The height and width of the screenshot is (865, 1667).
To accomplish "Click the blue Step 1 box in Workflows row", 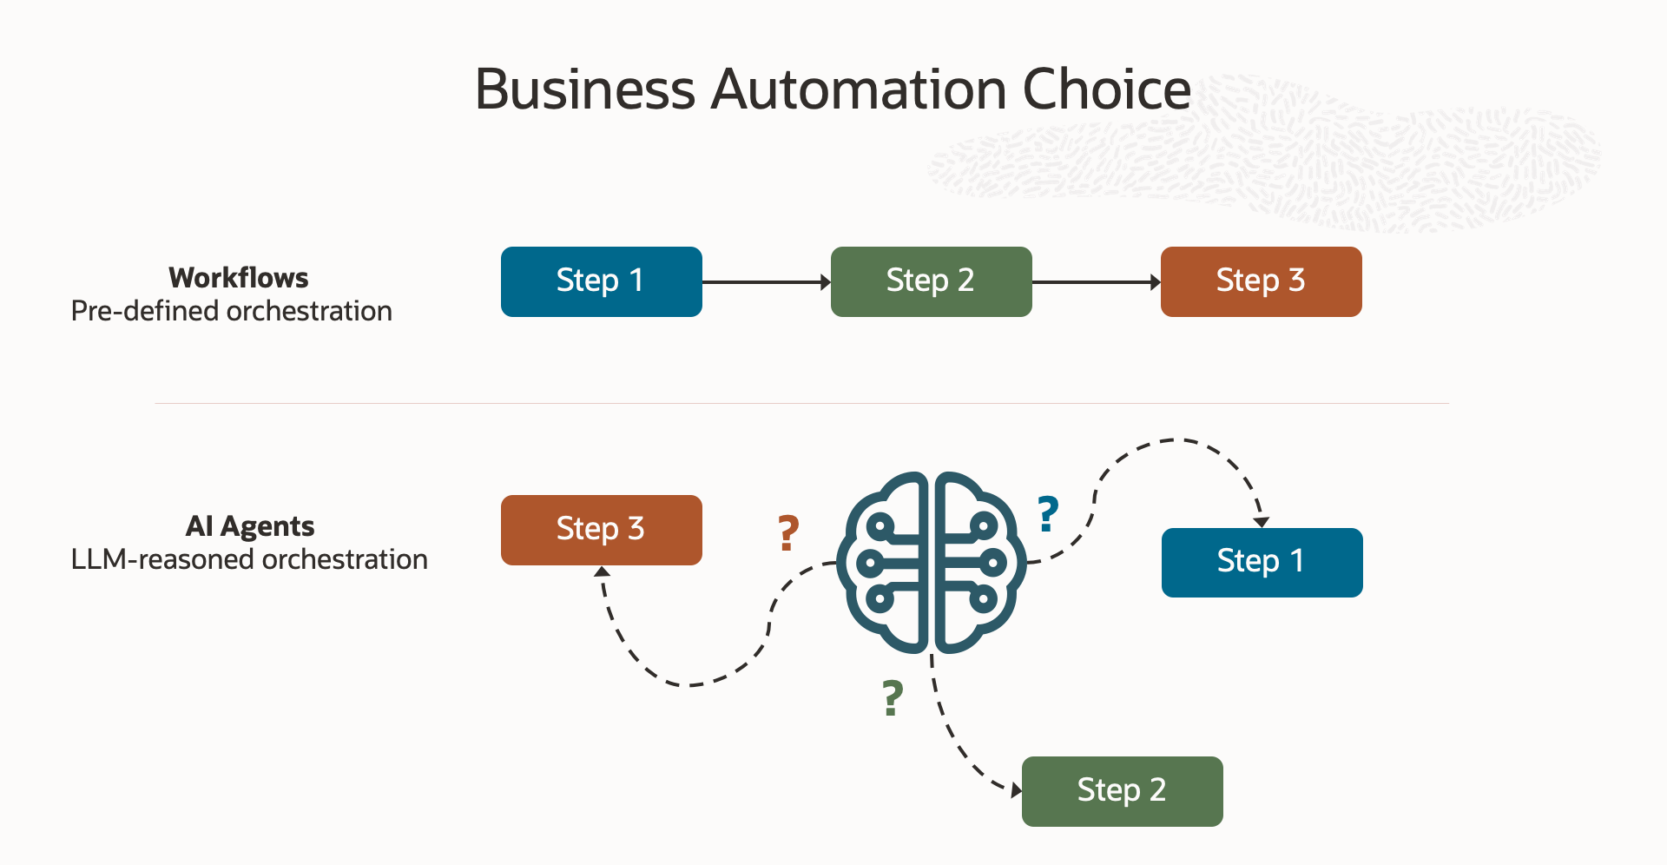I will point(601,281).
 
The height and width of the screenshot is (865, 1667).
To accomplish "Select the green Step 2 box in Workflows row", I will point(931,281).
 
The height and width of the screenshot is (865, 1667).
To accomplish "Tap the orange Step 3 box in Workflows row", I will point(1261,281).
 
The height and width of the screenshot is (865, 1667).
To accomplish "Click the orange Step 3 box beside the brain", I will point(601,530).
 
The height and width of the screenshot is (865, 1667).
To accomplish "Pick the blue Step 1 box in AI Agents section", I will point(1262,562).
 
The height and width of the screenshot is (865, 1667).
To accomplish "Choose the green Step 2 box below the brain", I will point(1122,791).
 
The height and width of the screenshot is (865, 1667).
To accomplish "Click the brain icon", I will point(931,563).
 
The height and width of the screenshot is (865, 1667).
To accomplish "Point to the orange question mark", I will point(787,533).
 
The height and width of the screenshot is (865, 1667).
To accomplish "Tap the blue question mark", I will point(1048,513).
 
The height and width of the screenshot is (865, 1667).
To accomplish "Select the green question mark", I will point(893,698).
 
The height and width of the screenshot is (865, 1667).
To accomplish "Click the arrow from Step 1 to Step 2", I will point(766,282).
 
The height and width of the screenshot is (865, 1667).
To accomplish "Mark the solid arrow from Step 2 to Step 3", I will point(1096,282).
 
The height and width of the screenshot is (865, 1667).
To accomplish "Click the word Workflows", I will point(239,278).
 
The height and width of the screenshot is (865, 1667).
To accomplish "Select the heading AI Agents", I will point(250,526).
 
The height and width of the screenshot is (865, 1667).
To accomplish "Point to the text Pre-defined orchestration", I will point(232,311).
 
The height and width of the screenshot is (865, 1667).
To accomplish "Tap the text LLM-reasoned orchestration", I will point(249,559).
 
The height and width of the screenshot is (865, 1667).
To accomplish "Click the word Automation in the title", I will point(858,89).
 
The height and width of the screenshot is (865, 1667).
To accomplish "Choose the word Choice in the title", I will point(1106,89).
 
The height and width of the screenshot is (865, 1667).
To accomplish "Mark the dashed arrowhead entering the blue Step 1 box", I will point(1262,521).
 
